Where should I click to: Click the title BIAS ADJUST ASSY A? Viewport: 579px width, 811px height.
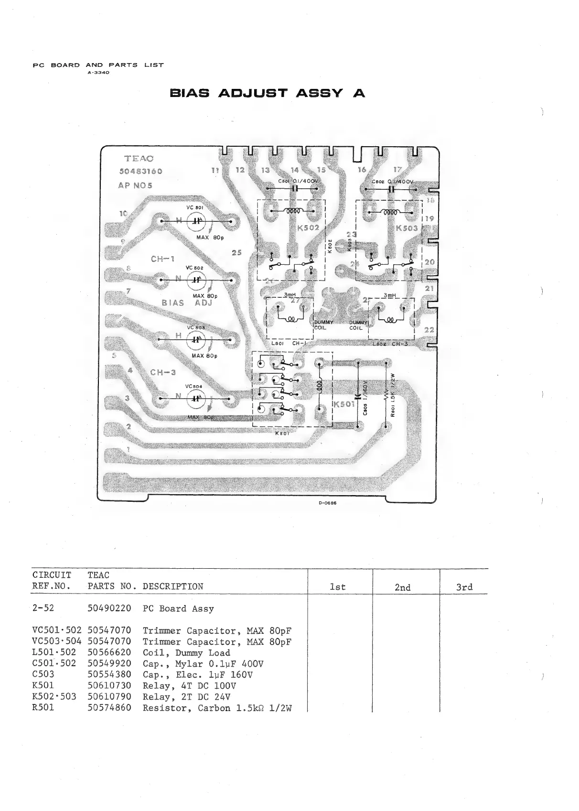click(267, 93)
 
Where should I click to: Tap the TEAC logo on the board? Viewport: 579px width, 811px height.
click(139, 159)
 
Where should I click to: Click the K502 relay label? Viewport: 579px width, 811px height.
click(308, 228)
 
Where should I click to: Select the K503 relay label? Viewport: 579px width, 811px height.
click(407, 228)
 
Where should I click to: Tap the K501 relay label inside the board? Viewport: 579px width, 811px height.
click(343, 405)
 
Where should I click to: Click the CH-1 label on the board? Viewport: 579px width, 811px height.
click(162, 259)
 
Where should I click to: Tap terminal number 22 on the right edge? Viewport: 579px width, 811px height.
click(429, 330)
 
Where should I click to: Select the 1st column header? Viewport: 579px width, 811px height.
click(338, 587)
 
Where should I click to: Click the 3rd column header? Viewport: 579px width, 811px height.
click(464, 587)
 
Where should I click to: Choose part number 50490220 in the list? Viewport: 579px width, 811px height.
click(109, 608)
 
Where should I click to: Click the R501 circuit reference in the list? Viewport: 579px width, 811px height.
click(43, 707)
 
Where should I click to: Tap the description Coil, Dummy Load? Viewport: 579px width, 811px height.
click(186, 653)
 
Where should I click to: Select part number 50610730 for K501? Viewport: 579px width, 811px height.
click(109, 685)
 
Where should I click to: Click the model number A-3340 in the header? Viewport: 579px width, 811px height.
click(98, 73)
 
